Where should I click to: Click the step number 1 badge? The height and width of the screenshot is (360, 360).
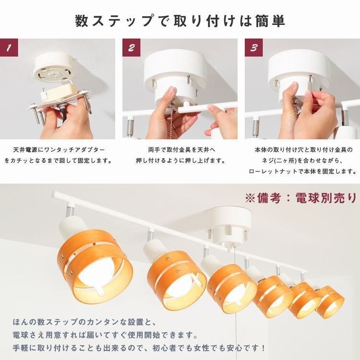[x=9, y=48]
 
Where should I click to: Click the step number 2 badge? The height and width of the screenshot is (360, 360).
[x=132, y=48]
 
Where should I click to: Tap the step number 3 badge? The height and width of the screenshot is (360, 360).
[x=254, y=48]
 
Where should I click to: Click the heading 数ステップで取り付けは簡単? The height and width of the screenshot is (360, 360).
[x=180, y=21]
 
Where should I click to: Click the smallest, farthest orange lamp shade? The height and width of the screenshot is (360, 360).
[x=330, y=301]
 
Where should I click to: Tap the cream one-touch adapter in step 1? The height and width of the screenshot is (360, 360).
[x=59, y=92]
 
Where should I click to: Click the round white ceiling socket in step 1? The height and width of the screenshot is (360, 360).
[x=55, y=69]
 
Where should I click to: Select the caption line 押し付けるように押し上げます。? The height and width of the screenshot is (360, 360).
[x=180, y=160]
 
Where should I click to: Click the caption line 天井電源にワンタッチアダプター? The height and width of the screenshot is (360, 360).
[x=59, y=150]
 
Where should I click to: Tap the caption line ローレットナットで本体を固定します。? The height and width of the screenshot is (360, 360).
[x=302, y=171]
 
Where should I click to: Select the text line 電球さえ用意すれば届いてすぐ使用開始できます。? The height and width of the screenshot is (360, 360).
[x=105, y=336]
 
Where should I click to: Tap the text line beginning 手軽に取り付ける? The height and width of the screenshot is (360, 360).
[x=139, y=348]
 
